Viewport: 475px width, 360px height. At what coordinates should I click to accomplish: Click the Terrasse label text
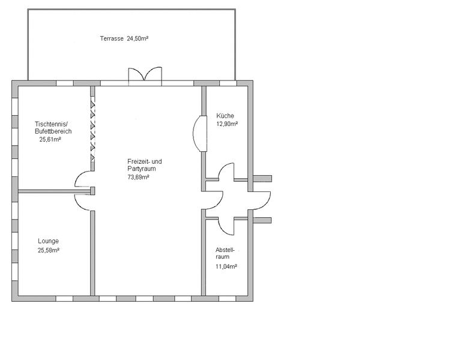[x=112, y=39]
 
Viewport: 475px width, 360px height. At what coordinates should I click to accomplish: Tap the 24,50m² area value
[x=138, y=38]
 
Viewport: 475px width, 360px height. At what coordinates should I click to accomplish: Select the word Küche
[x=225, y=116]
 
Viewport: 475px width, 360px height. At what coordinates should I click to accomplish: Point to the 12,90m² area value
[x=227, y=124]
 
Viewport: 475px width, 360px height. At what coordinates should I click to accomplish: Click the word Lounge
[x=48, y=241]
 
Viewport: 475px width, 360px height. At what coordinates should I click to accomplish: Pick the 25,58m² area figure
[x=49, y=250]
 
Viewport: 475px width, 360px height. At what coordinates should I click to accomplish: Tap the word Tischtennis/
[x=51, y=124]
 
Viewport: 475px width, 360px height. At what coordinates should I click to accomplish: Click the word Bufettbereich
[x=53, y=131]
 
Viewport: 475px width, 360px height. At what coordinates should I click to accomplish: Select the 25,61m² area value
[x=50, y=139]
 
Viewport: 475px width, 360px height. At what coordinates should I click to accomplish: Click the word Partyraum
[x=142, y=169]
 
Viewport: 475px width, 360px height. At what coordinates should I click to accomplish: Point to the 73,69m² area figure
[x=138, y=177]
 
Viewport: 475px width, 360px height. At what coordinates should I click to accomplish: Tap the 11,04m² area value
[x=226, y=266]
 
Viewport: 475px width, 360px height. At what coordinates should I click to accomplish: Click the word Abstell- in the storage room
[x=225, y=250]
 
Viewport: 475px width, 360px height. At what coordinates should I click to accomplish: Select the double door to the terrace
[x=145, y=74]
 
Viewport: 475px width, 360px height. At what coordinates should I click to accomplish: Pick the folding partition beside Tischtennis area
[x=92, y=131]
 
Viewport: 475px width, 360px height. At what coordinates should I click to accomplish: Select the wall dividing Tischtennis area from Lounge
[x=54, y=191]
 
